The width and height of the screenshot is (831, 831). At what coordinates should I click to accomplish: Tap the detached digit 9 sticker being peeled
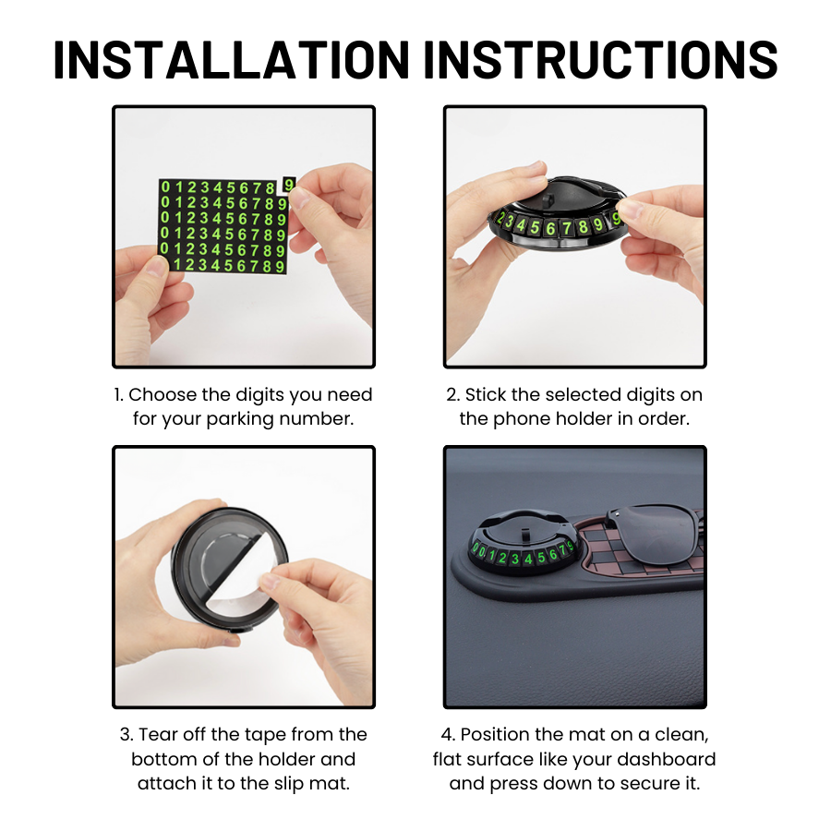click(289, 185)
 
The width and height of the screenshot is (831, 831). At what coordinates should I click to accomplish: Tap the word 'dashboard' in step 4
click(668, 759)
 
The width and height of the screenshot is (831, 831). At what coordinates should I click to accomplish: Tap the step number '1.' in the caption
click(118, 394)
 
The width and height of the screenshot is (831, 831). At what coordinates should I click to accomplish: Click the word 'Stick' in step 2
click(485, 394)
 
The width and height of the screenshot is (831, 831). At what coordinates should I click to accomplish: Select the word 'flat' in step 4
click(450, 759)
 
